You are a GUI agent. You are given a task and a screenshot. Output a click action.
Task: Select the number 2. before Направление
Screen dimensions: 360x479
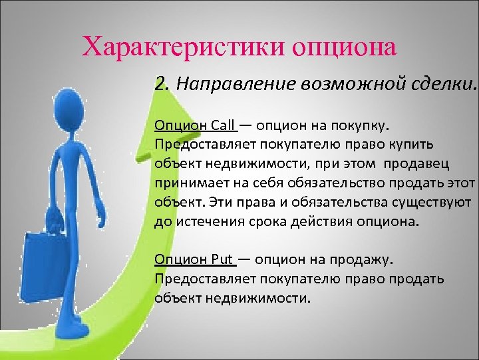click(x=161, y=84)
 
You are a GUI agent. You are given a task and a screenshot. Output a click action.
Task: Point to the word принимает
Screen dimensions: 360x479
click(x=188, y=183)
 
